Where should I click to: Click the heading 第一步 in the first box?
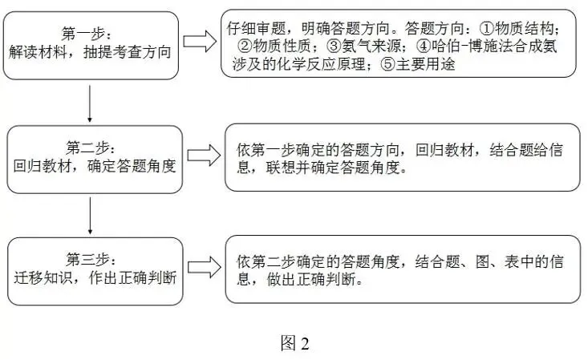pos(83,34)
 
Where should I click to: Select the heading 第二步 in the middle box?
pos(87,148)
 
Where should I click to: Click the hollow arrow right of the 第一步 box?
pos(200,41)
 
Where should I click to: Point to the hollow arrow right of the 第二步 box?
pos(204,155)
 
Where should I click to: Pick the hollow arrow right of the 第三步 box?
pos(204,267)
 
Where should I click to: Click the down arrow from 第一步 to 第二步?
pos(89,103)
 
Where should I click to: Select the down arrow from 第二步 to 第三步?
pos(90,216)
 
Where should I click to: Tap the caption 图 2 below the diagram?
pos(294,343)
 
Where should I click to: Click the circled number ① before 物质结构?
pos(487,29)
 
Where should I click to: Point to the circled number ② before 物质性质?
pos(245,47)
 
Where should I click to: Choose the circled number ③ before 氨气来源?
pos(334,47)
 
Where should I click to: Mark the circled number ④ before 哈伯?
pos(424,47)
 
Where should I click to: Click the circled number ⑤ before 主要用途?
pos(388,64)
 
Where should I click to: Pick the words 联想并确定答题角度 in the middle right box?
pos(333,168)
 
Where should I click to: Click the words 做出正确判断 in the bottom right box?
pos(311,280)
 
